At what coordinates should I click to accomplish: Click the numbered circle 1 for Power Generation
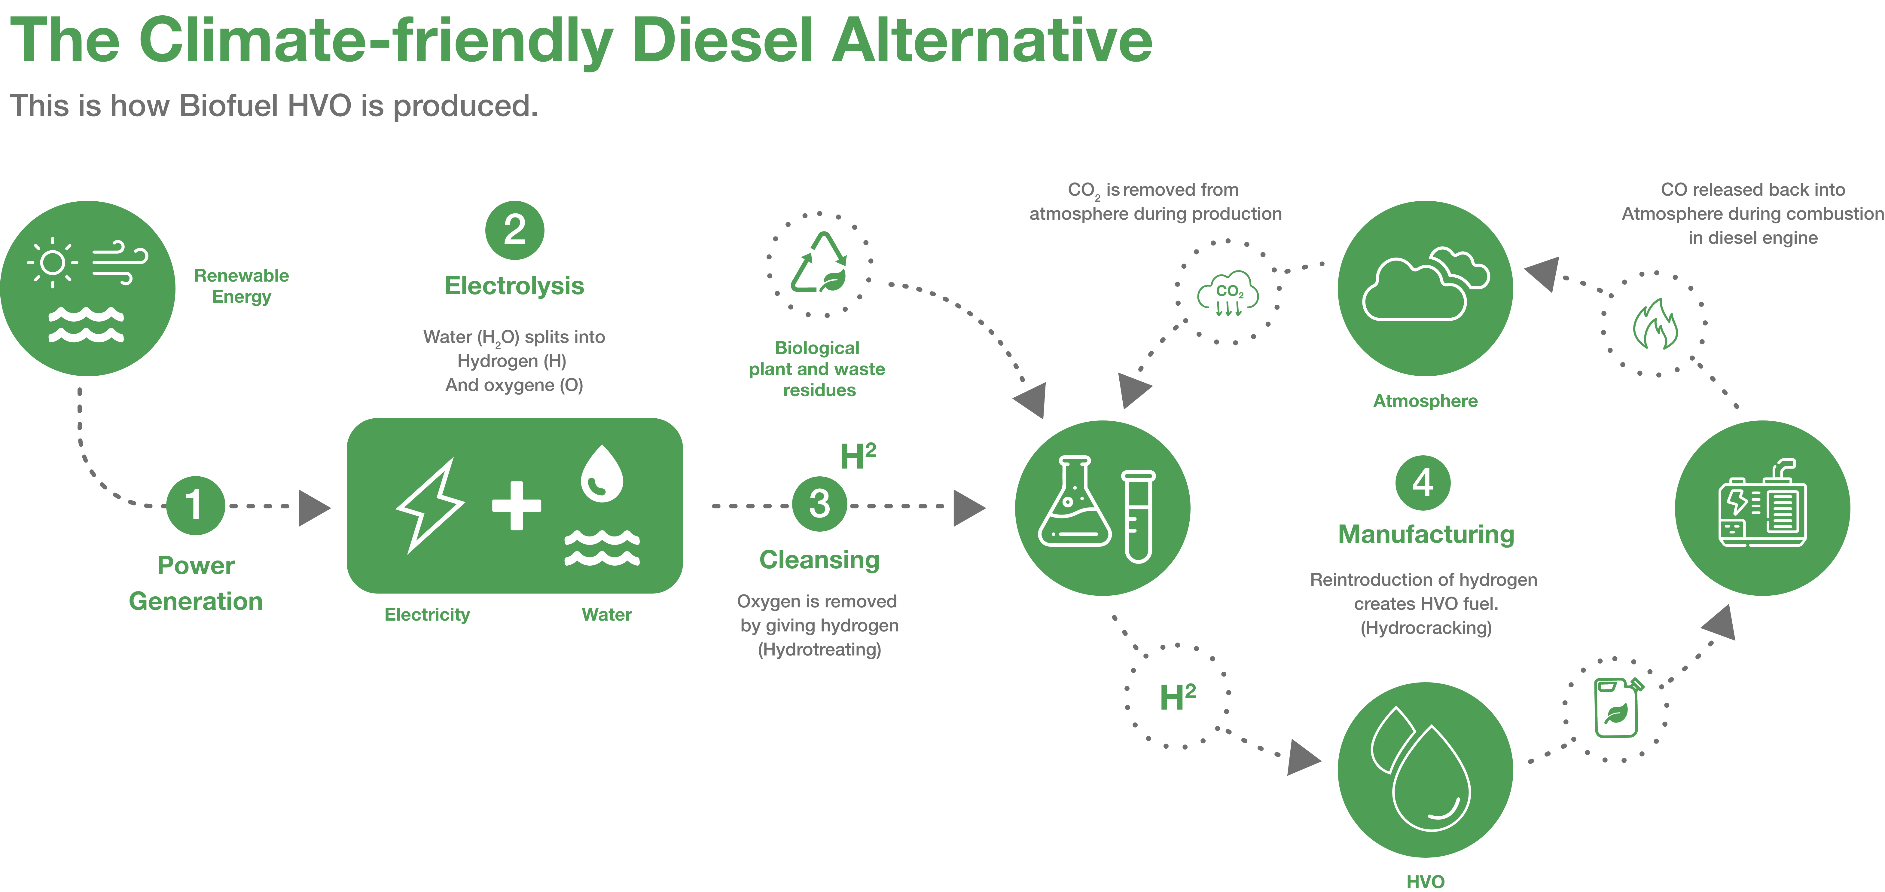tap(195, 505)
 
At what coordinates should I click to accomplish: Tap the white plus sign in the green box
tap(517, 505)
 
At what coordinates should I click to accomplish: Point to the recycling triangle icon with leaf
tap(819, 264)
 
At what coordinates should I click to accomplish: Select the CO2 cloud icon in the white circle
tap(1228, 293)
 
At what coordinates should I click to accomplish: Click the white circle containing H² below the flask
tap(1177, 697)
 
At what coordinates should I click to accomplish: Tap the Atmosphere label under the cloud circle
tap(1425, 401)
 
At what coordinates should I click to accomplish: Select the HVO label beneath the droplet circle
tap(1425, 881)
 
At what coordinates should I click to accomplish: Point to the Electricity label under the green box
tap(427, 615)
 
